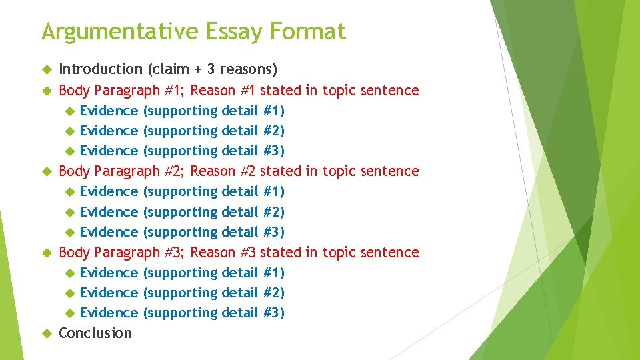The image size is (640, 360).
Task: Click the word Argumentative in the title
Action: pyautogui.click(x=119, y=32)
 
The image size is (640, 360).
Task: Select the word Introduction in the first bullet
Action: pyautogui.click(x=101, y=69)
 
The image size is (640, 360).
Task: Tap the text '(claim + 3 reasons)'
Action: pyautogui.click(x=213, y=69)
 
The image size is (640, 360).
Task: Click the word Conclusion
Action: pyautogui.click(x=95, y=333)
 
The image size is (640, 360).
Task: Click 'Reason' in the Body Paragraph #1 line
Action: pyautogui.click(x=213, y=90)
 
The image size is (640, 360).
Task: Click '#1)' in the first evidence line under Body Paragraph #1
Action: pyautogui.click(x=274, y=111)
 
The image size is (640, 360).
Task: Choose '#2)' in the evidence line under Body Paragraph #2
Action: pyautogui.click(x=274, y=212)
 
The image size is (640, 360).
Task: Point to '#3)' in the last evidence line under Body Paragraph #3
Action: pyautogui.click(x=274, y=313)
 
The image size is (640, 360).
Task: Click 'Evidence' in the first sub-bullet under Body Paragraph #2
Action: pyautogui.click(x=109, y=192)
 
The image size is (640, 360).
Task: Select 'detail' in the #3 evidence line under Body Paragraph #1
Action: pyautogui.click(x=239, y=151)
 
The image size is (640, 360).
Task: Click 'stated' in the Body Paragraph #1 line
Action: pyautogui.click(x=281, y=90)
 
